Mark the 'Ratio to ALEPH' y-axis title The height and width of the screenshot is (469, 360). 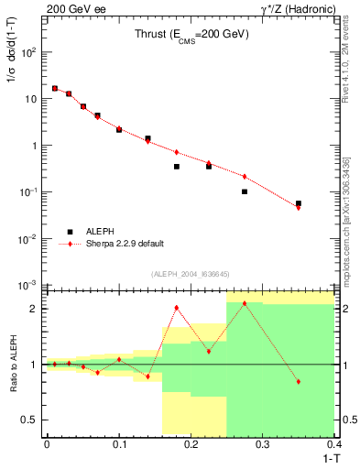coord(13,364)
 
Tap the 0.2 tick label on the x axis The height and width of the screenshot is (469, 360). coord(191,443)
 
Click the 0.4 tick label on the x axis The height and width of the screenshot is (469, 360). coord(333,443)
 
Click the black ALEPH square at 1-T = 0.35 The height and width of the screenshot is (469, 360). coord(299,203)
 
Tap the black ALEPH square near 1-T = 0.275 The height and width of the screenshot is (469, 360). coord(245,191)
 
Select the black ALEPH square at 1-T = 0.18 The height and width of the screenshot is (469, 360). coord(176,167)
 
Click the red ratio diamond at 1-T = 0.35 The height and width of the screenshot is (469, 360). coord(299,381)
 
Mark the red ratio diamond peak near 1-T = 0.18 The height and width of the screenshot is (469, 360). coord(176,308)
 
